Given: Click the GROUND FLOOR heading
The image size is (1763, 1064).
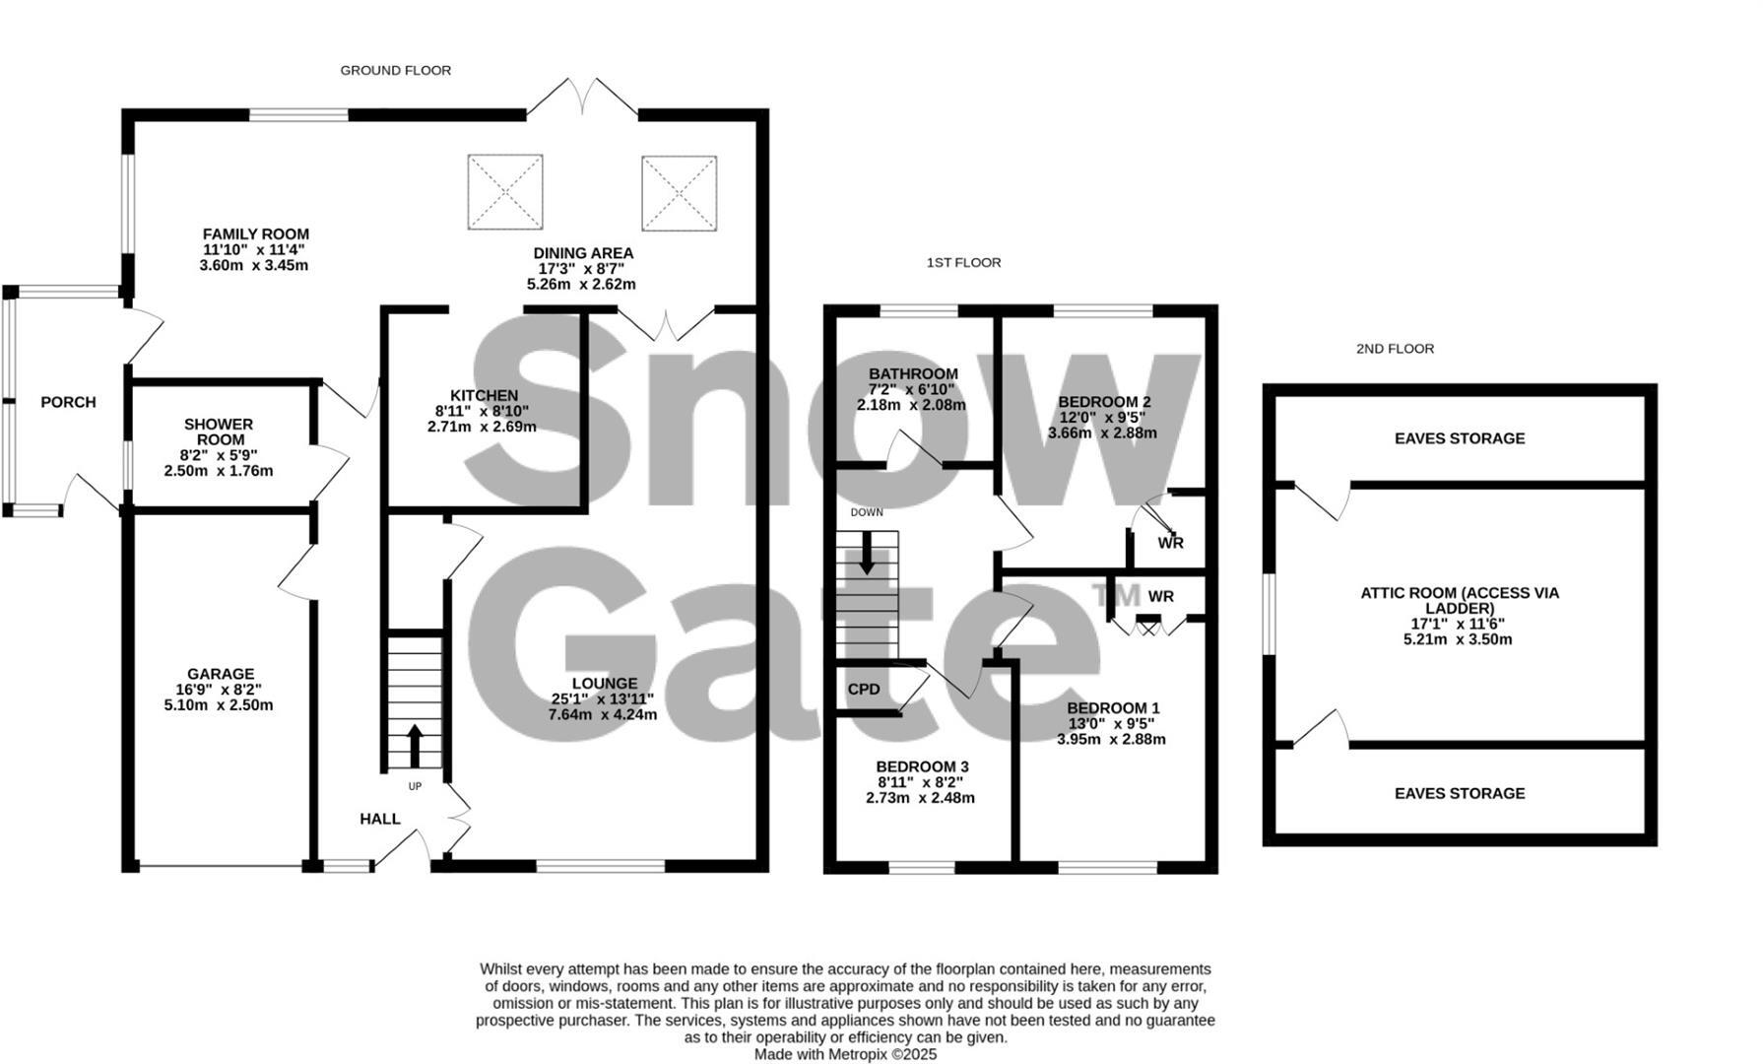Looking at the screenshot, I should [395, 70].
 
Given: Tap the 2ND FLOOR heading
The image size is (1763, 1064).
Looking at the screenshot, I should [1395, 348].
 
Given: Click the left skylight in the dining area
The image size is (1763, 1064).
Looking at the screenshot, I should [505, 191].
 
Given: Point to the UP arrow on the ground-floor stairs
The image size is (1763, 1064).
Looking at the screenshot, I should [414, 746].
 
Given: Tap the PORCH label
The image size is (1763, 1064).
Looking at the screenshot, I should [68, 402].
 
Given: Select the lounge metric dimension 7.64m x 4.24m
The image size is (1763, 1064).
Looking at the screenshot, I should [603, 714].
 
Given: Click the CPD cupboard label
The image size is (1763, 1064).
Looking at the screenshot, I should [864, 689].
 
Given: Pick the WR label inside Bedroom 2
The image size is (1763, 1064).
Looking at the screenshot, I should [1170, 543].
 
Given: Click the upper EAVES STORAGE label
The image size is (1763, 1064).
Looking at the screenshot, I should [1459, 438].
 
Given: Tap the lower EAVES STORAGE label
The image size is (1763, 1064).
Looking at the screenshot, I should [1459, 793].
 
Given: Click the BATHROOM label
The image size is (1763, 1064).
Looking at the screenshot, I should [913, 373].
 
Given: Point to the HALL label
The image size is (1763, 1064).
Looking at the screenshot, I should [380, 819].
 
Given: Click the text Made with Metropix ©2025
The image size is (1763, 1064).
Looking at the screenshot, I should [845, 1053].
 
